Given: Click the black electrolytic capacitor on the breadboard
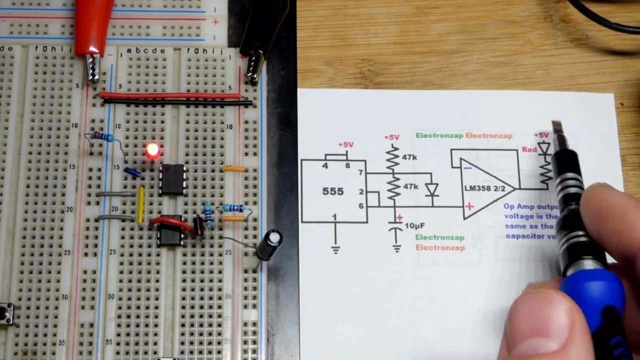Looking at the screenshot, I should click(270, 244).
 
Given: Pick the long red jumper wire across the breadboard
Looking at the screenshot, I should click(170, 95).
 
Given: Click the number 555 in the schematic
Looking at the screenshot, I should click(333, 191).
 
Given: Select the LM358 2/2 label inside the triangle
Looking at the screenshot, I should click(484, 189).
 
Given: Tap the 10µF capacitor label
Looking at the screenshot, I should click(414, 225).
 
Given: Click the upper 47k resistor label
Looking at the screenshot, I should click(409, 157).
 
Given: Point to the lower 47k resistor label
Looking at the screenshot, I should click(410, 186).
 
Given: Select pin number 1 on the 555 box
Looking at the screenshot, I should click(334, 217).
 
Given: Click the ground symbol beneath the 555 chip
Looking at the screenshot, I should click(335, 249).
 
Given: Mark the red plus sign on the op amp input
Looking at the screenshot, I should click(469, 206).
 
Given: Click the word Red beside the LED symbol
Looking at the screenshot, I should click(529, 149).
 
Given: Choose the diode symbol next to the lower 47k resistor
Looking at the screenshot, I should click(431, 190).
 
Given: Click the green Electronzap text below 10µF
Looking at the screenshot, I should click(440, 237).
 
